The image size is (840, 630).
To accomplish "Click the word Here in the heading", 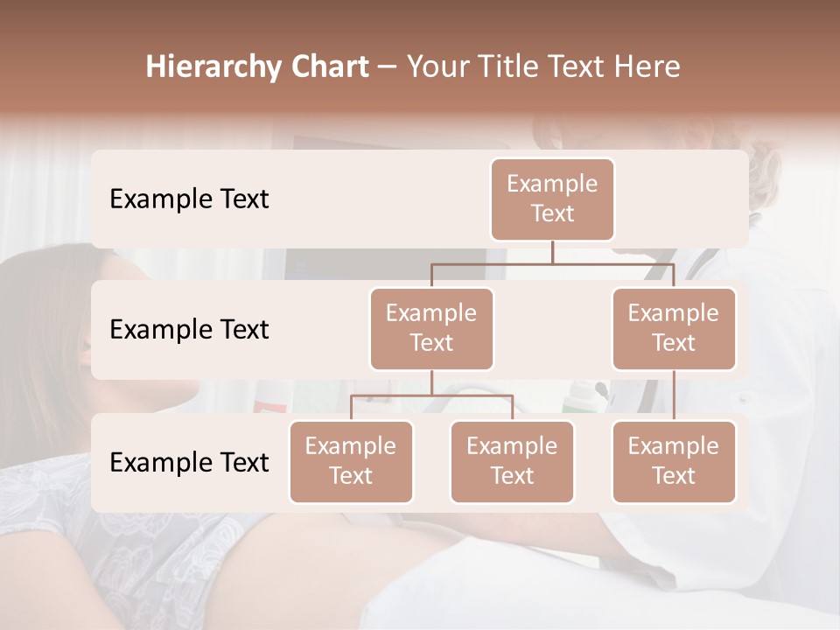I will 647,67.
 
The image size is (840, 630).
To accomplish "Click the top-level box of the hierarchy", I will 552,199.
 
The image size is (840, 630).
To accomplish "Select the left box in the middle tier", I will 431,329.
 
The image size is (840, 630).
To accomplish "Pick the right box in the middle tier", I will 674,329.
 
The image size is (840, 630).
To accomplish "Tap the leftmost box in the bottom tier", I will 351,462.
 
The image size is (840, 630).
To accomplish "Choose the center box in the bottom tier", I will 512,462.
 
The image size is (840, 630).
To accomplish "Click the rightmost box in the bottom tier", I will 674,462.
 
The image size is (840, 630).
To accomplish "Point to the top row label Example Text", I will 189,199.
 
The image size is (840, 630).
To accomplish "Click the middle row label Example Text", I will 189,330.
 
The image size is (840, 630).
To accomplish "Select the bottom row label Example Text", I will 189,463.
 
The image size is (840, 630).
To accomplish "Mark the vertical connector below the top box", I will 552,252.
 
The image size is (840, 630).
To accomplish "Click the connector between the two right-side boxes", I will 674,395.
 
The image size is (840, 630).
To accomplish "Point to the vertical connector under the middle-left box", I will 431,382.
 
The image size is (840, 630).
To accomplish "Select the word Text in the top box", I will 552,213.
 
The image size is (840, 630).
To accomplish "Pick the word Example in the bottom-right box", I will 674,447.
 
